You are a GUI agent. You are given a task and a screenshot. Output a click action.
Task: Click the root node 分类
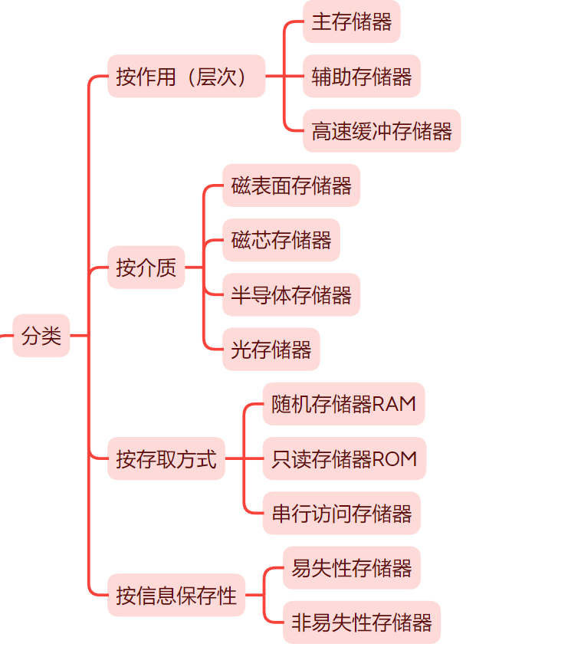pyautogui.click(x=41, y=336)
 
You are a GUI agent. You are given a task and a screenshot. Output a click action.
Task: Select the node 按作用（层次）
pyautogui.click(x=186, y=76)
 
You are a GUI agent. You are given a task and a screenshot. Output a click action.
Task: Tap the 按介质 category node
pyautogui.click(x=146, y=268)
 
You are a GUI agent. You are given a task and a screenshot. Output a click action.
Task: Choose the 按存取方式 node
pyautogui.click(x=166, y=458)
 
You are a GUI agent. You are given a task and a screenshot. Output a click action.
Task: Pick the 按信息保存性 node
pyautogui.click(x=176, y=595)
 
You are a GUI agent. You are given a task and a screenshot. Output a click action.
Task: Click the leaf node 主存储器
pyautogui.click(x=351, y=21)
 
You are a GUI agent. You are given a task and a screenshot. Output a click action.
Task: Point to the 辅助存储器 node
pyautogui.click(x=362, y=76)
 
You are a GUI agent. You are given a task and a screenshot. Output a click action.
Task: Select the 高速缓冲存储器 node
pyautogui.click(x=382, y=130)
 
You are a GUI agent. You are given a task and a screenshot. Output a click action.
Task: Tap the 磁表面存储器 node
pyautogui.click(x=291, y=186)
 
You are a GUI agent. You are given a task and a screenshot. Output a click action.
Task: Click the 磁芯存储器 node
pyautogui.click(x=281, y=240)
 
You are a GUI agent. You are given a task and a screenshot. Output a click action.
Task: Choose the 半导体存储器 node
pyautogui.click(x=291, y=294)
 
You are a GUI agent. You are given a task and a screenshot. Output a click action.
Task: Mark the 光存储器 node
pyautogui.click(x=271, y=350)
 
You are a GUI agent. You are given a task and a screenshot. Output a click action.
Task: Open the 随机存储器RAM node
pyautogui.click(x=343, y=404)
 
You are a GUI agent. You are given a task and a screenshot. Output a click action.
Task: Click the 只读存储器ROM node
pyautogui.click(x=344, y=458)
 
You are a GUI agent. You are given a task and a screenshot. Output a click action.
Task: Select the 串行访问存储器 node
pyautogui.click(x=342, y=513)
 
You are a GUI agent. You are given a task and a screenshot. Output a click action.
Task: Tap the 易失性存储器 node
pyautogui.click(x=352, y=568)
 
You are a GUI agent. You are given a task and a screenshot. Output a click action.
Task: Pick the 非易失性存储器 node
pyautogui.click(x=362, y=622)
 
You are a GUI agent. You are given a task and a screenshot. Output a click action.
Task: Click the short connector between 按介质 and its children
pyautogui.click(x=194, y=268)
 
